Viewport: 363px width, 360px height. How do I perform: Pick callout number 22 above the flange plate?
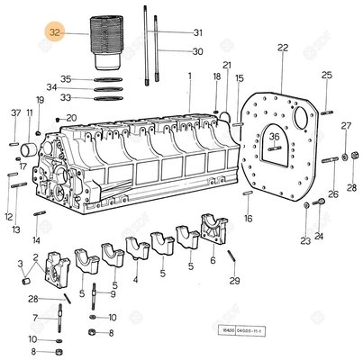[282, 47]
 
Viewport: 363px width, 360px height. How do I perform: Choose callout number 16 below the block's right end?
[249, 218]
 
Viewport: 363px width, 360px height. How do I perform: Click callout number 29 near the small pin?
[235, 282]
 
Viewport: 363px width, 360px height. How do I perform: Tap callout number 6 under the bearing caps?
[213, 261]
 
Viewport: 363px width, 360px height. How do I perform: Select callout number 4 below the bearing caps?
[134, 280]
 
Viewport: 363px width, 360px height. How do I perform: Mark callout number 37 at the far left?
[14, 112]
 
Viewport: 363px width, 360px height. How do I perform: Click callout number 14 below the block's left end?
[36, 240]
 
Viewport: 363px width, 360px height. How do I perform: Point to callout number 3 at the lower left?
[20, 264]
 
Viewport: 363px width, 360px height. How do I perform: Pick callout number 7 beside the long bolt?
[35, 318]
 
